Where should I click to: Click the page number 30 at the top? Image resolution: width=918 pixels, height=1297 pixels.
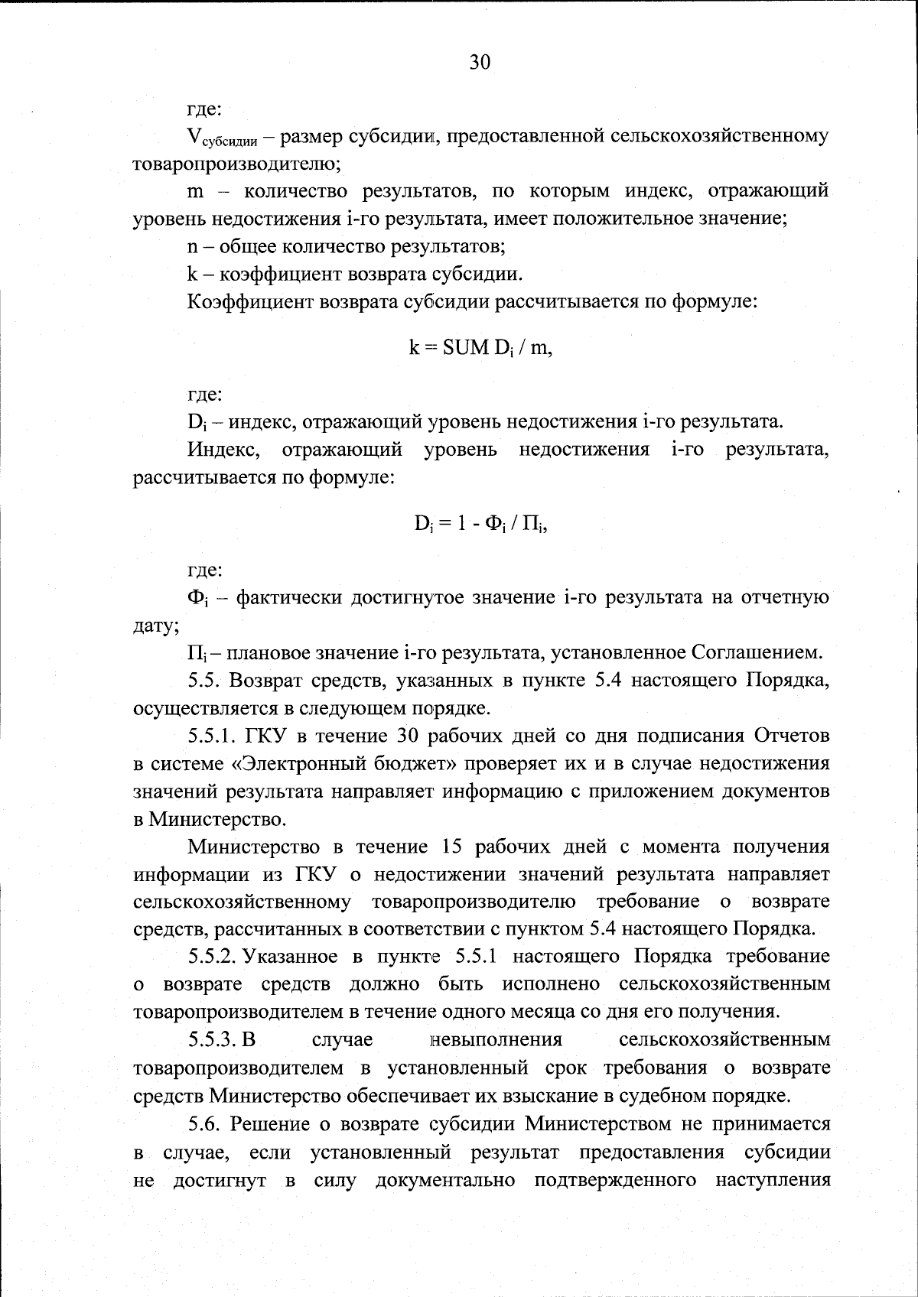[x=480, y=62]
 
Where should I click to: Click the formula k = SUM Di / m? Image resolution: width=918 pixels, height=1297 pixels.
[x=480, y=348]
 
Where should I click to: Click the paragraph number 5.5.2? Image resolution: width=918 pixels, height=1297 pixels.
[x=215, y=957]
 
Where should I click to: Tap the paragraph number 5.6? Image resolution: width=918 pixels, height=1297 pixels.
[x=205, y=1123]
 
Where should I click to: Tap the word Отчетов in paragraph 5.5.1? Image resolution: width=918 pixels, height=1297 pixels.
[x=792, y=736]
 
